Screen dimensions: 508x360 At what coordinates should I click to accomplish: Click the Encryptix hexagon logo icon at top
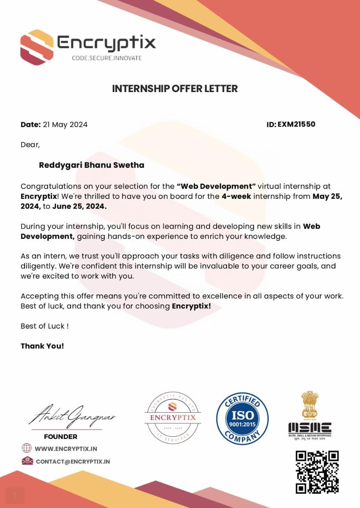pyautogui.click(x=37, y=47)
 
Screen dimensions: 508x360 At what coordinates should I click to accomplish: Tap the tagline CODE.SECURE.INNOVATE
pyautogui.click(x=106, y=58)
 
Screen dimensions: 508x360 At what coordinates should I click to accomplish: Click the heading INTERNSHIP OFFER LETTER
pyautogui.click(x=175, y=89)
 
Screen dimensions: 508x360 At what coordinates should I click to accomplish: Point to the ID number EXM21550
pyautogui.click(x=296, y=124)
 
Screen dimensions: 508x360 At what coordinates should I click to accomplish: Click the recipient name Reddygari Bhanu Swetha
pyautogui.click(x=91, y=165)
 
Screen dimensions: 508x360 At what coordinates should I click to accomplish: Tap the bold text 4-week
pyautogui.click(x=236, y=196)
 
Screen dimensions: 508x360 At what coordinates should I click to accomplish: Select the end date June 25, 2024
pyautogui.click(x=79, y=206)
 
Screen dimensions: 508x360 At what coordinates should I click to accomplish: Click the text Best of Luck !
pyautogui.click(x=44, y=326)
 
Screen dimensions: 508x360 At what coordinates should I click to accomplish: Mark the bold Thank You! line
pyautogui.click(x=42, y=346)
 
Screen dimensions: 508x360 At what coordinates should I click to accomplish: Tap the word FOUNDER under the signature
pyautogui.click(x=60, y=437)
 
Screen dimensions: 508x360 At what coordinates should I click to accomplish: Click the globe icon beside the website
pyautogui.click(x=27, y=448)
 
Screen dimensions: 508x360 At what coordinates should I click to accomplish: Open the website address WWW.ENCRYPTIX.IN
pyautogui.click(x=66, y=448)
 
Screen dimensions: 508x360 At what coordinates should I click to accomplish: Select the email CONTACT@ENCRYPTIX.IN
pyautogui.click(x=73, y=462)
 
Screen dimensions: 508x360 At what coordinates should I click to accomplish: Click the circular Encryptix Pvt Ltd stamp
pyautogui.click(x=172, y=417)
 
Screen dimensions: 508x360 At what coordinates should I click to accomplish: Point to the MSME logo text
pyautogui.click(x=310, y=427)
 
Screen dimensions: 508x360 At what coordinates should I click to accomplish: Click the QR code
pyautogui.click(x=317, y=471)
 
